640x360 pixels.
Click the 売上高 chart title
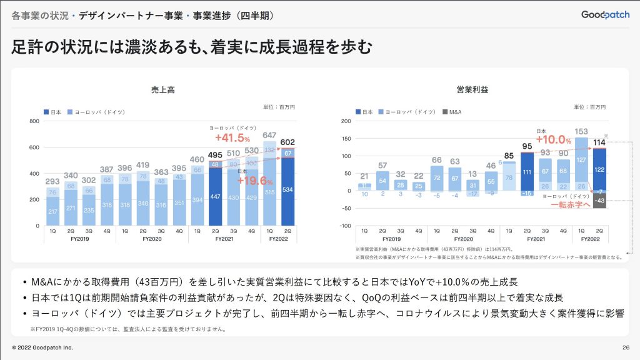pos(162,90)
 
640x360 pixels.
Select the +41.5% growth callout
pos(232,138)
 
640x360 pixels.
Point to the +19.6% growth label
pos(256,181)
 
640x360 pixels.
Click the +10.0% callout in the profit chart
pos(554,139)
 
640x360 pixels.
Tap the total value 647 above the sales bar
pos(270,134)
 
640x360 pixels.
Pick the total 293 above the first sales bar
pos(52,182)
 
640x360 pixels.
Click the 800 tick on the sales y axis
pos(35,121)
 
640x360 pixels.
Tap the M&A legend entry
pos(454,112)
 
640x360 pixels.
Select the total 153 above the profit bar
pos(581,131)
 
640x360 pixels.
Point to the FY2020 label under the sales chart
pos(152,239)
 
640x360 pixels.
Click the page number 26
pos(626,347)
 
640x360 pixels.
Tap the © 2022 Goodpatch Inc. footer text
pos(42,347)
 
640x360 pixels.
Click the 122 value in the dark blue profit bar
pos(599,169)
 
